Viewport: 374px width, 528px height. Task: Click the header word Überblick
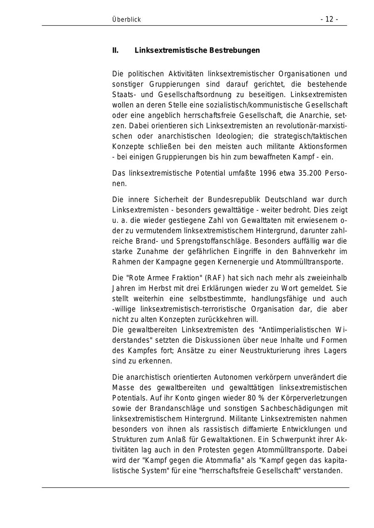[x=126, y=19]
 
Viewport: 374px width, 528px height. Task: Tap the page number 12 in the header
[x=329, y=19]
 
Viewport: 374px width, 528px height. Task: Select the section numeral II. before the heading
[x=115, y=50]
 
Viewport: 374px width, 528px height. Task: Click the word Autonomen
[x=230, y=377]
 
